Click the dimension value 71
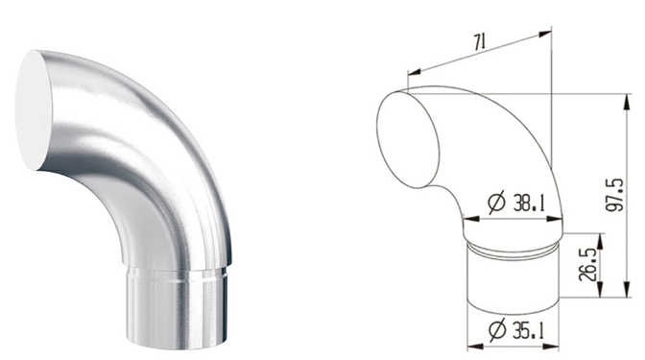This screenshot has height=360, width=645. [x=480, y=42]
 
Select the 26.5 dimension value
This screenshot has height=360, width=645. [x=587, y=265]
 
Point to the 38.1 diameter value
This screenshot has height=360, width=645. [x=529, y=204]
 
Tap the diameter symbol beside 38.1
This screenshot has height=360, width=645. [x=496, y=204]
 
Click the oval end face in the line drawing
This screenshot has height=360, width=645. [x=407, y=139]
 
